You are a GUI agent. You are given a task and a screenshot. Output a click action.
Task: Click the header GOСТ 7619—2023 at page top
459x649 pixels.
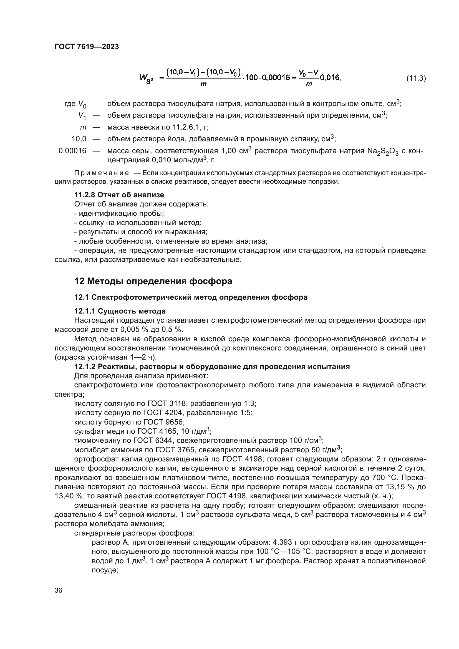(x=87, y=47)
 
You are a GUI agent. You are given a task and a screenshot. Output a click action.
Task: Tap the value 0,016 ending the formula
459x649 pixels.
(x=330, y=78)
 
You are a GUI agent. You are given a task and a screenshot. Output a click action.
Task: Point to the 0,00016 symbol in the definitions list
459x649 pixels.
(x=72, y=151)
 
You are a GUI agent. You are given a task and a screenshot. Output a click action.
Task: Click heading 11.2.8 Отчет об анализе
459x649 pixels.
(x=119, y=195)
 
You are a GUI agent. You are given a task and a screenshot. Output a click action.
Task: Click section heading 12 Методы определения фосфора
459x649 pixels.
(x=153, y=281)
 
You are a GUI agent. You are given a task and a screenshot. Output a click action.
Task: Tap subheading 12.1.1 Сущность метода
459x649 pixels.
(x=120, y=311)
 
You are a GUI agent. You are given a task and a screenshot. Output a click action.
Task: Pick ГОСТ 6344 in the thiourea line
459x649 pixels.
(x=153, y=440)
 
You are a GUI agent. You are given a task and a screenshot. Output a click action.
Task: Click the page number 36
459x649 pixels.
(x=59, y=590)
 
